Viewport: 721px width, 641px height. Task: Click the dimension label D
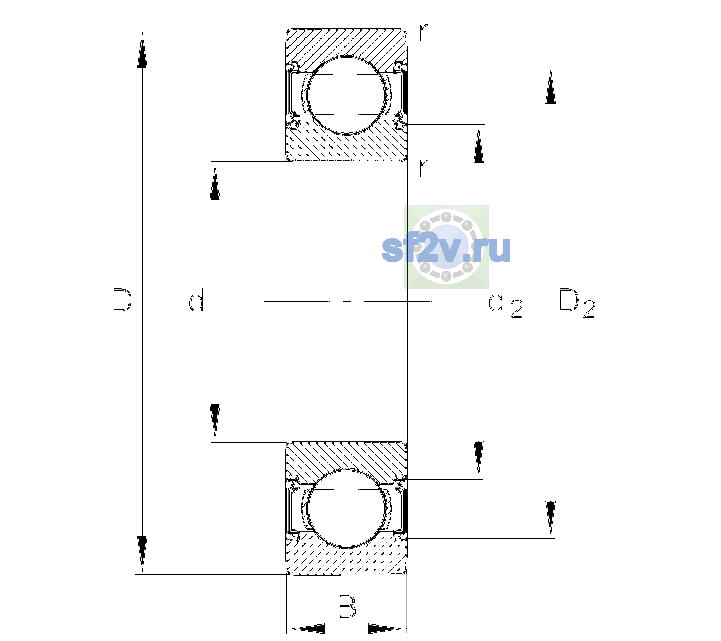122,300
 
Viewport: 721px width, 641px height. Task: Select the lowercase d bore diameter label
196,300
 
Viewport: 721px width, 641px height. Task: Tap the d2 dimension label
505,303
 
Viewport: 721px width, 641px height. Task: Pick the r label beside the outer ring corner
424,32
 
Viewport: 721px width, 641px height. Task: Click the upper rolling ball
347,96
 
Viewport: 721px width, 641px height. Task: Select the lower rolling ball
347,507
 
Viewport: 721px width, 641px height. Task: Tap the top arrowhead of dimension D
143,50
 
